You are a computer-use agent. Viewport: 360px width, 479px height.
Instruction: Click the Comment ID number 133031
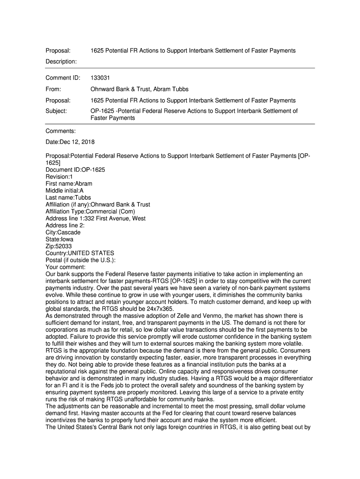point(100,78)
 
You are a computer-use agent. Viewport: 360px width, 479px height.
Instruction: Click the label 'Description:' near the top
point(61,61)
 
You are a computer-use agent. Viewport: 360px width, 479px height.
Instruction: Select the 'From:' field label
point(54,89)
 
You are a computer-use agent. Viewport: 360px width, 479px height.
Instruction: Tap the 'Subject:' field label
point(56,111)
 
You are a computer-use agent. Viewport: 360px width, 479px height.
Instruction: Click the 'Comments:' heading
point(61,131)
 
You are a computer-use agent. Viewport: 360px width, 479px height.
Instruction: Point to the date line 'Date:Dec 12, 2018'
point(70,142)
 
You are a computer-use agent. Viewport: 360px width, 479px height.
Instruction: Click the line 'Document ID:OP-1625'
point(75,170)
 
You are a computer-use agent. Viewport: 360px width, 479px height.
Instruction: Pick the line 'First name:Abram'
point(69,184)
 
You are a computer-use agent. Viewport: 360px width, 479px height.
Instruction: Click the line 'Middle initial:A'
point(65,191)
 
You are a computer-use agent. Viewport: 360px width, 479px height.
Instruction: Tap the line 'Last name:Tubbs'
point(68,198)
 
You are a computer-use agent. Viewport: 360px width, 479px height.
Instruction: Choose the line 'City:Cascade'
point(63,232)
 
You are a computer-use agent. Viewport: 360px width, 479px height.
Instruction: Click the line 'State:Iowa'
point(59,239)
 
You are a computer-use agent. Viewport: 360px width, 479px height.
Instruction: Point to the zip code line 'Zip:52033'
point(59,246)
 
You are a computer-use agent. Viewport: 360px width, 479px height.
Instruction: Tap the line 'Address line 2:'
point(65,225)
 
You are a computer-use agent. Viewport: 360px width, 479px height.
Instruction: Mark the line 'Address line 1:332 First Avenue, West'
point(95,218)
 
